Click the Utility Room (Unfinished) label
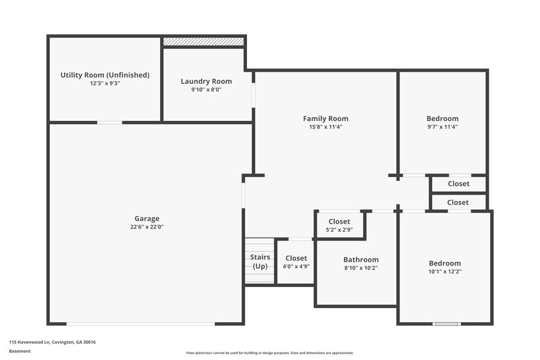(x=105, y=74)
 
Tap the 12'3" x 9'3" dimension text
(x=105, y=83)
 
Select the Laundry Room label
(x=206, y=81)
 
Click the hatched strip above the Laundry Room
(x=203, y=42)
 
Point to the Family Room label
(x=325, y=118)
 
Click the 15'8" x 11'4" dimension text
(x=325, y=127)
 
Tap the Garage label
(x=146, y=218)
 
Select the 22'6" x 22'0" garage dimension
(x=146, y=227)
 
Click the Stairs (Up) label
(x=260, y=262)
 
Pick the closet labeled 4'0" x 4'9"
(x=296, y=262)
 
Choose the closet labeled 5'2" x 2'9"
(x=339, y=226)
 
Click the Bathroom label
(x=360, y=259)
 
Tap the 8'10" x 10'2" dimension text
(x=360, y=268)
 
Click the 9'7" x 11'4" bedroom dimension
(x=442, y=127)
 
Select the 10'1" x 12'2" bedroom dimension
(x=445, y=272)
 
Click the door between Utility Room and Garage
(x=109, y=122)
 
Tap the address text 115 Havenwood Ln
(x=52, y=342)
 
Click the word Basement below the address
(x=20, y=351)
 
